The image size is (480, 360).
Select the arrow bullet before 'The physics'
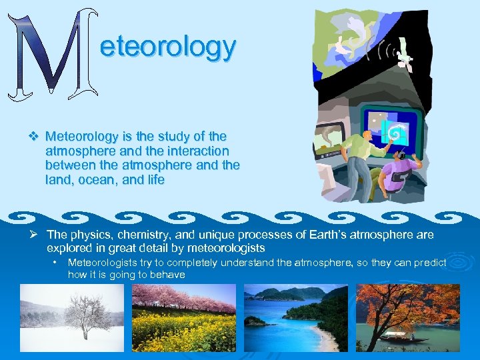(37, 235)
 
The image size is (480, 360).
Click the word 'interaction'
(196, 151)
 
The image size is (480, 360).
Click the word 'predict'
(429, 263)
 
